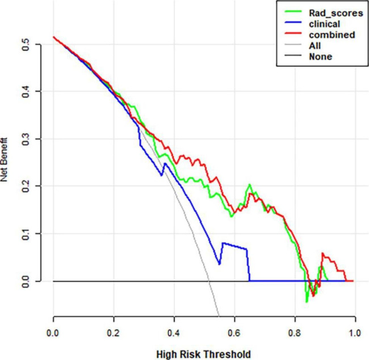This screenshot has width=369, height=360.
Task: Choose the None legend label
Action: click(x=318, y=57)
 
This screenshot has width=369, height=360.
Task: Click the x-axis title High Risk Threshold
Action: click(x=204, y=354)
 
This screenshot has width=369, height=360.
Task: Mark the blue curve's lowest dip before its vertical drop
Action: click(x=219, y=264)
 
